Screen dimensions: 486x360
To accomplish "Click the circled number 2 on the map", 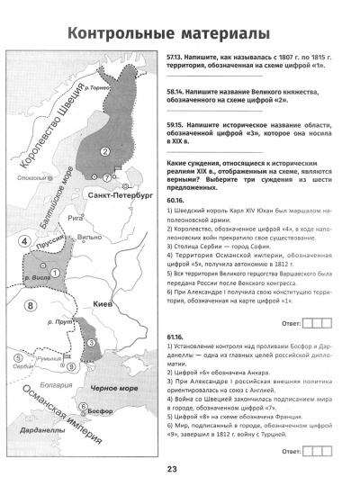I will (105, 151).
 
